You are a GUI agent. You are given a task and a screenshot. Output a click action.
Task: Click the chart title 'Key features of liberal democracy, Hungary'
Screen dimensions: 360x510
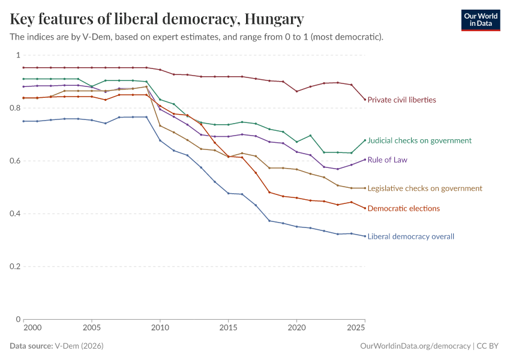click(157, 19)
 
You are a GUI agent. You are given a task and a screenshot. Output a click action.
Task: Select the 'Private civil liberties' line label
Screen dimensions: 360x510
click(401, 100)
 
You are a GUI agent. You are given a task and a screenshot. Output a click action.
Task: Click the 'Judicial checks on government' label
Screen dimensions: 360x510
click(419, 140)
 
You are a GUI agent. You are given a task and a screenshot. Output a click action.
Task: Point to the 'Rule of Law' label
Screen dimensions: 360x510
click(388, 160)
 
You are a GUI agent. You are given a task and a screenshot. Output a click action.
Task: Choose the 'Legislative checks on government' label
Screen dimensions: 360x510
click(425, 188)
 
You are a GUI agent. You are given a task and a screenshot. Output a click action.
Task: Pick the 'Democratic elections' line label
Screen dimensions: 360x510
click(403, 208)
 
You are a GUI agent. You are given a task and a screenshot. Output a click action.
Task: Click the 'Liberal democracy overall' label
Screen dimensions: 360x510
click(410, 236)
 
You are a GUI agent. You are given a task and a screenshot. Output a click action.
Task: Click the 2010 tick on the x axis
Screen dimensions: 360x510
click(160, 329)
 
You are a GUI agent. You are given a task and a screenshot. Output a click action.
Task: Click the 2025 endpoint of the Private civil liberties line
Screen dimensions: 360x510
click(365, 100)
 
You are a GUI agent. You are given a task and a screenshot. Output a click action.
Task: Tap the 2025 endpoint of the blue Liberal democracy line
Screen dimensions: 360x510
click(365, 236)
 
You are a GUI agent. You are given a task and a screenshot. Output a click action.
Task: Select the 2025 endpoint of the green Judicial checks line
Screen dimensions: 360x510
click(365, 140)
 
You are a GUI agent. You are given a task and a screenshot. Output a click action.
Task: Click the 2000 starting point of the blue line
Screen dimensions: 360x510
click(24, 121)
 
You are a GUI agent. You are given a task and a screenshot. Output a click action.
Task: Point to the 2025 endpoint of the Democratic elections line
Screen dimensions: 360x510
click(365, 208)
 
